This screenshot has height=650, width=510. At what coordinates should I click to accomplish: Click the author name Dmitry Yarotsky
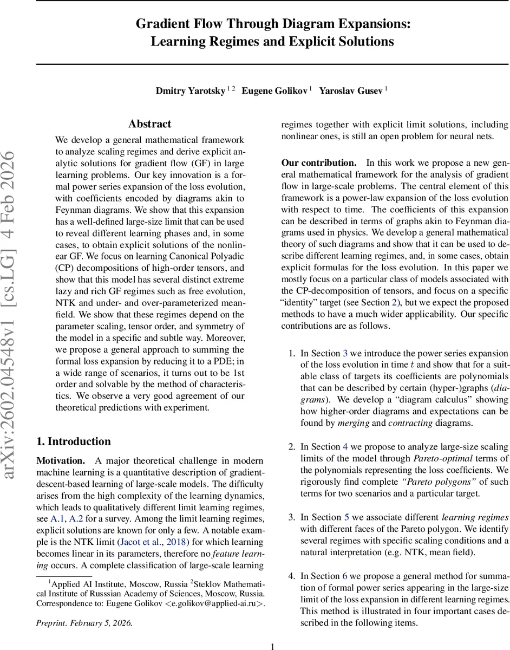coord(191,91)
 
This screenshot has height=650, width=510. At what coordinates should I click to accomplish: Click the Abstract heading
coord(150,124)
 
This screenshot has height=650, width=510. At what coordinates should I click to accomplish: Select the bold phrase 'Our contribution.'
coord(318,162)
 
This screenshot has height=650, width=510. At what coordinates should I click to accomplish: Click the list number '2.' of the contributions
coord(292,447)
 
